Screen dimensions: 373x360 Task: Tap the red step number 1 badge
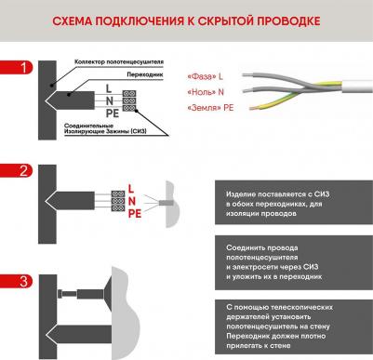click(x=16, y=68)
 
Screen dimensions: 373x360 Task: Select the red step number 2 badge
click(x=16, y=171)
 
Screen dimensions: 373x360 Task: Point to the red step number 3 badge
click(x=16, y=281)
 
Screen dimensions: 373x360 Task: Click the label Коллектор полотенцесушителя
click(x=119, y=62)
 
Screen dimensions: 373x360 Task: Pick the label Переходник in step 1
click(x=145, y=74)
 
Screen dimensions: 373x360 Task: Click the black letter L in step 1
click(x=109, y=88)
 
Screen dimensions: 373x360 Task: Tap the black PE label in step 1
click(x=113, y=113)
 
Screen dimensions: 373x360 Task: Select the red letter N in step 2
click(x=132, y=201)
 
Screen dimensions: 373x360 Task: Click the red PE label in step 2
click(x=135, y=214)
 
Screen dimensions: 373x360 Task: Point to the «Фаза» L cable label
click(x=205, y=76)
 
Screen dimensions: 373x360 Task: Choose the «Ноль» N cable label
click(x=206, y=92)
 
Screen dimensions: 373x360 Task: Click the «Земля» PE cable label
click(x=210, y=108)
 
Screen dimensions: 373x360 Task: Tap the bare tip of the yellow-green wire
click(x=254, y=108)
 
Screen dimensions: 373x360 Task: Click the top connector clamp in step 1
click(x=129, y=94)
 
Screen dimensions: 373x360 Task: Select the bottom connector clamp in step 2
click(x=118, y=207)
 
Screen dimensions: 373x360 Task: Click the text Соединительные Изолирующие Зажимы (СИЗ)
click(x=105, y=128)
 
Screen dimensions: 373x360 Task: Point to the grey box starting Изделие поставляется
click(x=294, y=203)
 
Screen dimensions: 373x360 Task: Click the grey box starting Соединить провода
click(x=294, y=262)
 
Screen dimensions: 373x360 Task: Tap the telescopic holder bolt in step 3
click(x=67, y=293)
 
